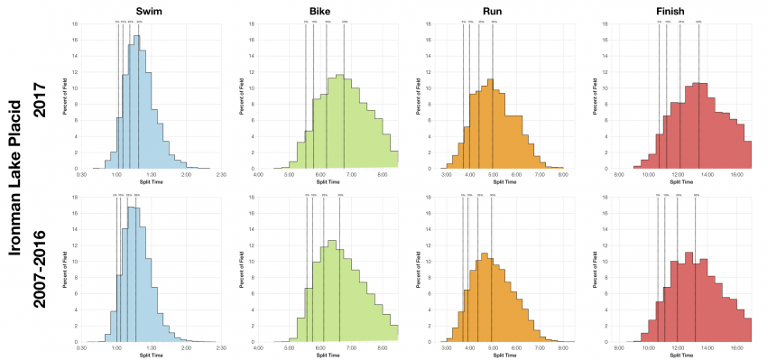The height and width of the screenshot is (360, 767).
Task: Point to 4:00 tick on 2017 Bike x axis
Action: pos(259,174)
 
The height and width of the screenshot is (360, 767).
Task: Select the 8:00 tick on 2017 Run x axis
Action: pos(562,174)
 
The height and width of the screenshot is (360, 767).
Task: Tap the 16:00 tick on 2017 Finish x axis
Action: pos(735,174)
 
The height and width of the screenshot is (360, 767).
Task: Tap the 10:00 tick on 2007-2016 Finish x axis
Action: pos(648,347)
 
